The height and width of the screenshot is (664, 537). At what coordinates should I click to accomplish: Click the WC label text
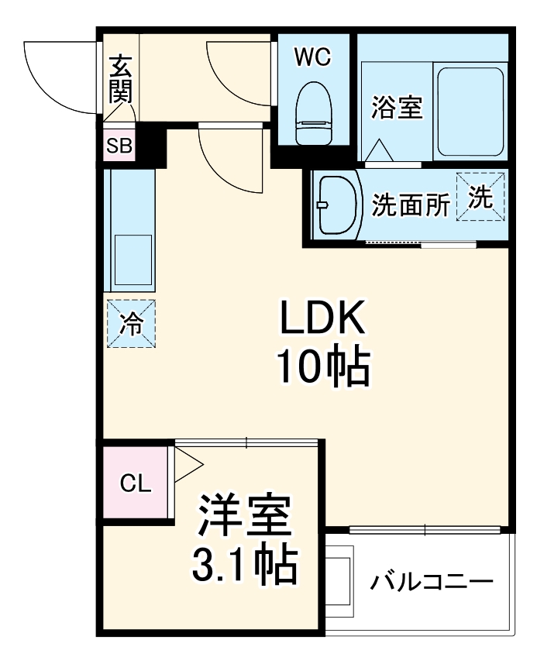[313, 56]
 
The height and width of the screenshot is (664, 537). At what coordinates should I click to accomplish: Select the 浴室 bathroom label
[397, 108]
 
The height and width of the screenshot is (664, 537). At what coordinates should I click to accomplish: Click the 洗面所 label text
[411, 205]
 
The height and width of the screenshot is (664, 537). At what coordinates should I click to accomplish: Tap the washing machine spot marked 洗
[480, 197]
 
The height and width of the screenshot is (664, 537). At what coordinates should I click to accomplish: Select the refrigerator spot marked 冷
[130, 324]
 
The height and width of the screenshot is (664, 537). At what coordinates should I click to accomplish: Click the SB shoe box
[119, 146]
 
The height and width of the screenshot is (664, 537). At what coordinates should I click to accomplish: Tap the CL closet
[136, 483]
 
